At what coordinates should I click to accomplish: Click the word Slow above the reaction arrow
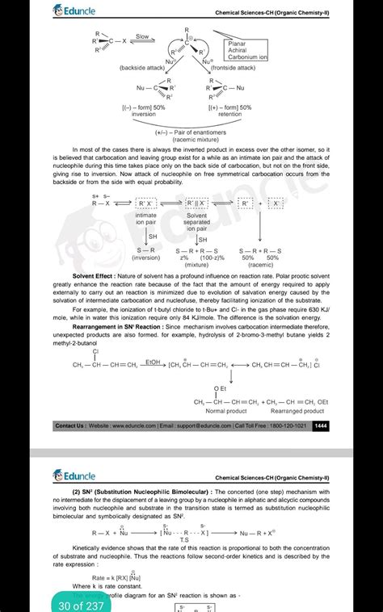142,36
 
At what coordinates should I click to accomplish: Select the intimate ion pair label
146,220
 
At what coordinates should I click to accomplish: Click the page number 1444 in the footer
321,425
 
